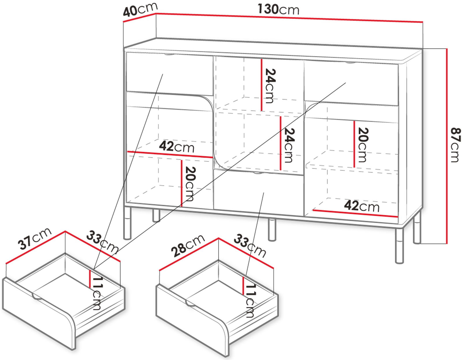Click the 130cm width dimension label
[x=278, y=10]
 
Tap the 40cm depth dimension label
[x=140, y=9]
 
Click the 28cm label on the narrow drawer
[x=188, y=246]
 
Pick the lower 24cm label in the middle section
[x=289, y=145]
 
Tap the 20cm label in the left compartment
[x=190, y=184]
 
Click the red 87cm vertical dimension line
[x=447, y=146]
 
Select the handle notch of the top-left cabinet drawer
[x=169, y=55]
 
